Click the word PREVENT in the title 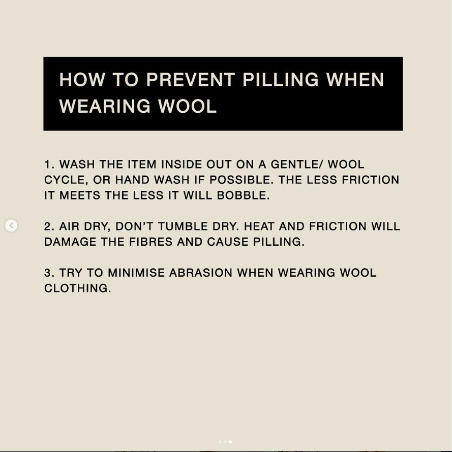coord(190,80)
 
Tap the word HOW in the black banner coord(82,80)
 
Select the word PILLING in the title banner coord(281,80)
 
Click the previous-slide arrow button coord(11,225)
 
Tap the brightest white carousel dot coord(230,442)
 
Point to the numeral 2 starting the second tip coord(48,227)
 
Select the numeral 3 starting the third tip coord(48,273)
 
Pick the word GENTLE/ coord(297,165)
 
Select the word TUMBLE coord(183,227)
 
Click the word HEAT coord(259,227)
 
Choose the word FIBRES coord(150,242)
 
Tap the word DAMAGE coord(70,242)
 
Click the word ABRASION coord(201,273)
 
